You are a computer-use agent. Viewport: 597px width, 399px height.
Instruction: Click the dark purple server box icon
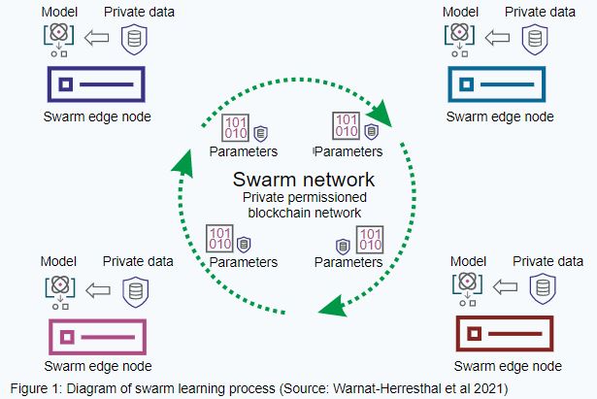pos(95,85)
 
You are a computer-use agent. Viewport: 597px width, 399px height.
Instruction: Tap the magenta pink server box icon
pos(95,336)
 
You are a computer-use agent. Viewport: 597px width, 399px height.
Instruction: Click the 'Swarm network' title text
pos(303,181)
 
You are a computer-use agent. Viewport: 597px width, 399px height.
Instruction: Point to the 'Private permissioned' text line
pos(303,198)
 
